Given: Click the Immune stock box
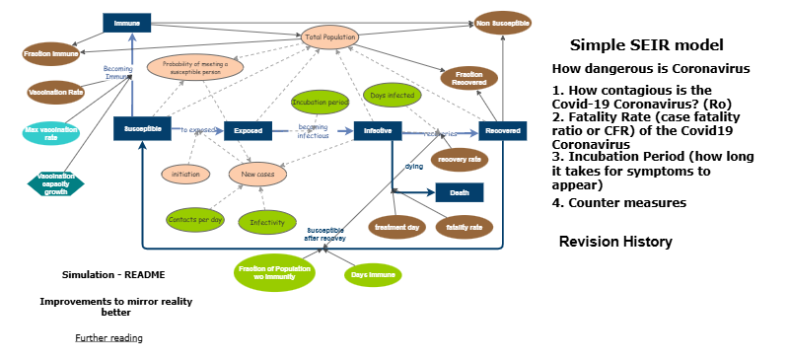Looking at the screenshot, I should pyautogui.click(x=126, y=21).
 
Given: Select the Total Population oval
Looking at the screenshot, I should pyautogui.click(x=329, y=36).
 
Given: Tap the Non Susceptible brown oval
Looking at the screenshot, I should pyautogui.click(x=502, y=22).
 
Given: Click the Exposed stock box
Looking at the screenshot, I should pyautogui.click(x=248, y=130).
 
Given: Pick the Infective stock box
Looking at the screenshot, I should pyautogui.click(x=379, y=130).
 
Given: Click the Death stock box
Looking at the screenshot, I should pyautogui.click(x=460, y=192).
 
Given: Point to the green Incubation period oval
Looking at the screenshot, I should pyautogui.click(x=320, y=102).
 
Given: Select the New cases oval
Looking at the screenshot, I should pyautogui.click(x=257, y=175).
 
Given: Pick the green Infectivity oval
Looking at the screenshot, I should pyautogui.click(x=266, y=222).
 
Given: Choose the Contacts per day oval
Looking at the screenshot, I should pyautogui.click(x=195, y=219).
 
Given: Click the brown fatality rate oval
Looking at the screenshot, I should pyautogui.click(x=464, y=227).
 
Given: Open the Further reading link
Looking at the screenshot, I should pyautogui.click(x=108, y=338).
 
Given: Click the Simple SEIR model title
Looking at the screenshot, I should pyautogui.click(x=646, y=45).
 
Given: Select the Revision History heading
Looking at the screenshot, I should pyautogui.click(x=615, y=242).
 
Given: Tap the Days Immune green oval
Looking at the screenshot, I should pyautogui.click(x=374, y=275).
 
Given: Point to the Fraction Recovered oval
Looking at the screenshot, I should pyautogui.click(x=468, y=78).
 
